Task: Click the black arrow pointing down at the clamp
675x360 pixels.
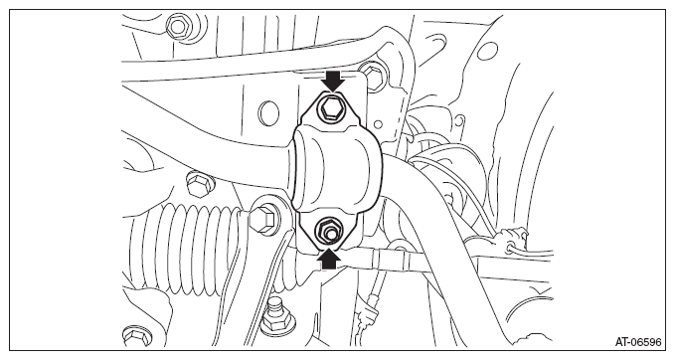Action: pos(334,82)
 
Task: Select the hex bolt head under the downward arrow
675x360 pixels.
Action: pos(330,107)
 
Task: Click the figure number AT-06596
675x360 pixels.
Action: pos(637,342)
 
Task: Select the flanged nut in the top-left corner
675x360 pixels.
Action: pos(177,27)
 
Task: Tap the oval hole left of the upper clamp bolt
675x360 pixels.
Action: pos(268,112)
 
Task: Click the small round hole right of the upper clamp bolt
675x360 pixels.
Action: pos(378,124)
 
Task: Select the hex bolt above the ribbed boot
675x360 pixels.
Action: pos(198,184)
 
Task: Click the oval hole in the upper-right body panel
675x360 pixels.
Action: pos(487,53)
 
